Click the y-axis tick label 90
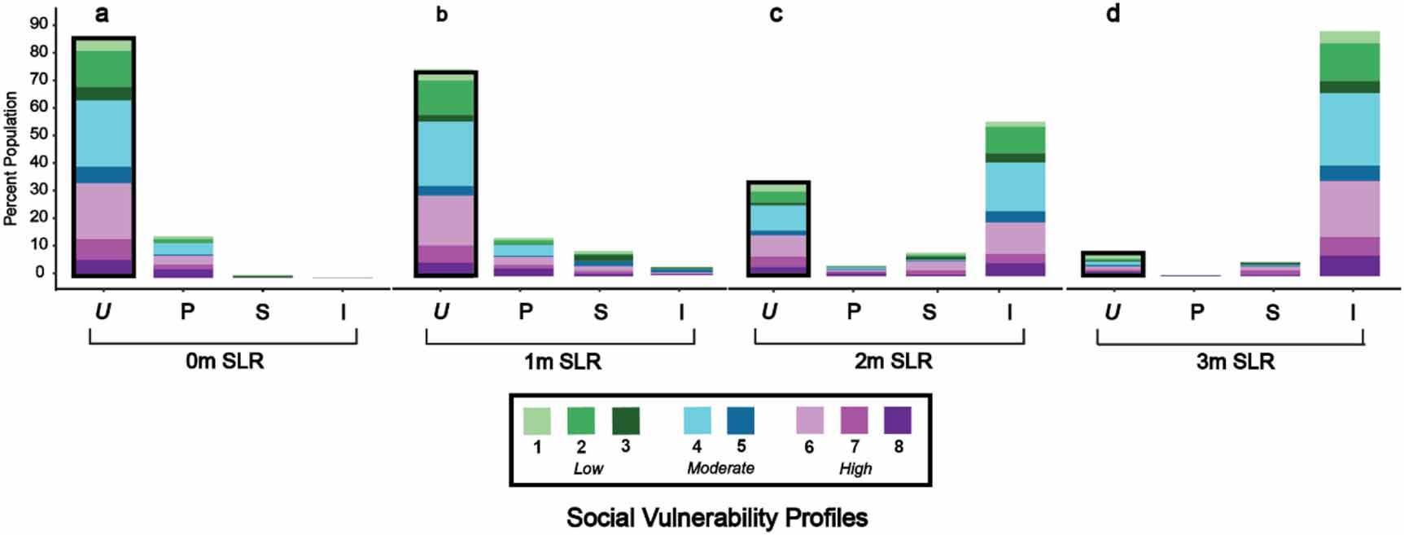coord(38,24)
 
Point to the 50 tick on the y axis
coord(38,134)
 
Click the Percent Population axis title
coord(11,158)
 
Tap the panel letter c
coord(776,15)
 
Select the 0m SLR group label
coord(225,361)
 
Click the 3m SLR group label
coord(1235,362)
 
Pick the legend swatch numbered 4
coord(697,421)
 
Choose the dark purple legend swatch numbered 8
coord(898,421)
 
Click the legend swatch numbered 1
coord(536,421)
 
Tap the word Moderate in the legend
coord(720,468)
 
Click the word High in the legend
coord(855,468)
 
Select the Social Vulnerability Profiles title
coord(717,517)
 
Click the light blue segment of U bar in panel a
coord(103,134)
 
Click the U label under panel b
coord(440,312)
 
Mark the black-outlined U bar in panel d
coord(1113,264)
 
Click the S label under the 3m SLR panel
coord(1272,312)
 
